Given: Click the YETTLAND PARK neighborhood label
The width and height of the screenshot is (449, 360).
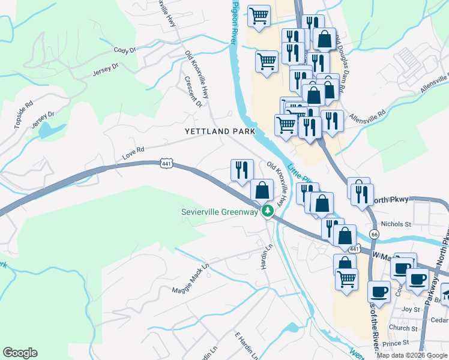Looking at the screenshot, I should [x=220, y=131].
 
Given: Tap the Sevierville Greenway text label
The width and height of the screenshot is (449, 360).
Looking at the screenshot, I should [x=220, y=211].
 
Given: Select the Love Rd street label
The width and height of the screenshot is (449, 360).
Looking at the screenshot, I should [x=133, y=149].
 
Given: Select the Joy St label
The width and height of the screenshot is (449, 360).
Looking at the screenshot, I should [x=411, y=310].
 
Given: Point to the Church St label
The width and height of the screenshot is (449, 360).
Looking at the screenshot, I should [x=402, y=328].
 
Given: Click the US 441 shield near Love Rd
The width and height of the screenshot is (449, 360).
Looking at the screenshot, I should [x=166, y=163].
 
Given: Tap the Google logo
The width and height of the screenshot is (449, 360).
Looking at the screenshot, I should [x=20, y=353].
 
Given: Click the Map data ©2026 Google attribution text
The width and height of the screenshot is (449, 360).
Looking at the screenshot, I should [x=412, y=356].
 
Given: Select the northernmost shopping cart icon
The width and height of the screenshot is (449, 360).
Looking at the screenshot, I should [x=259, y=16].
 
